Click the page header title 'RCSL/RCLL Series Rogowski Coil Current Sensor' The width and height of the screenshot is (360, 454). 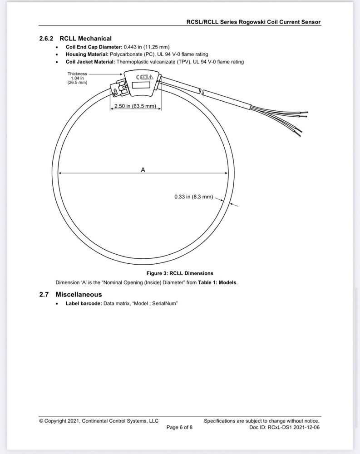253,22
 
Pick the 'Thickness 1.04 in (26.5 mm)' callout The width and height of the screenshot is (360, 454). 77,78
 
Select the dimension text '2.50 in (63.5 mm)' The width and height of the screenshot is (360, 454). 135,106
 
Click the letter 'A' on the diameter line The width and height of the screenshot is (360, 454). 143,170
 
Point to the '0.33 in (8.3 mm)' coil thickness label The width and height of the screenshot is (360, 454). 193,197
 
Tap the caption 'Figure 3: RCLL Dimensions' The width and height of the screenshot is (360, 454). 179,273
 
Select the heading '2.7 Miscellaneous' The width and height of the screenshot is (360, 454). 70,294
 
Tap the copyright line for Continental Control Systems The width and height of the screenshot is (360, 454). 99,421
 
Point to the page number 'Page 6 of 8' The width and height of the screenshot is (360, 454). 179,427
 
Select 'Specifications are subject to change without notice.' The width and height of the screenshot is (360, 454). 265,421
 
